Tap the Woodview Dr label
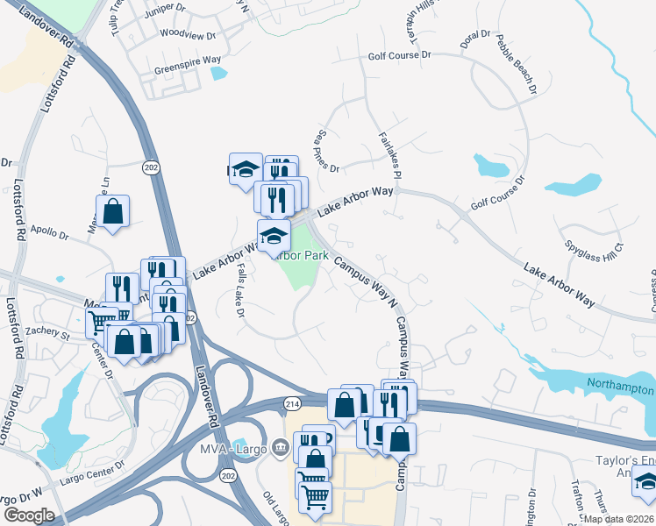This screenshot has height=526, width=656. point(182,36)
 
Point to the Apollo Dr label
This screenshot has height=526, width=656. point(49,234)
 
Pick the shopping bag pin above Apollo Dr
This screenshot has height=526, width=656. point(113,211)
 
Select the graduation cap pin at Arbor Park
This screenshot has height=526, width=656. point(274,235)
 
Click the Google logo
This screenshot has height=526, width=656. point(30,515)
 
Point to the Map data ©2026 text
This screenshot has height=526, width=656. point(619,519)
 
